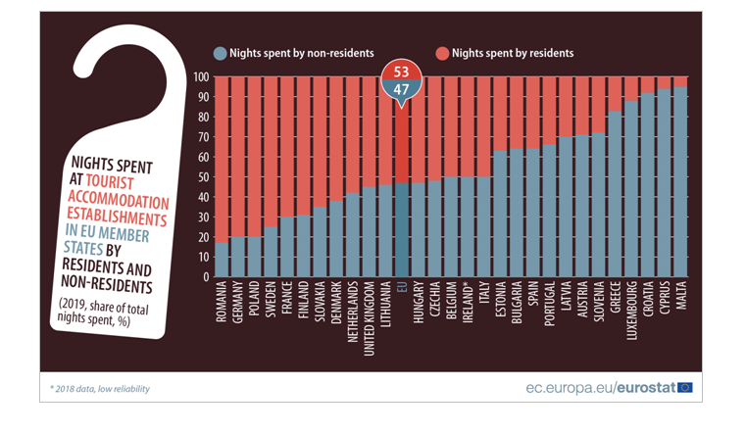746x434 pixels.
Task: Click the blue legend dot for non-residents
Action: tap(221, 54)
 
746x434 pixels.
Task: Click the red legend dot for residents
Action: tap(442, 54)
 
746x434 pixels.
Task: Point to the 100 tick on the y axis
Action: tap(201, 76)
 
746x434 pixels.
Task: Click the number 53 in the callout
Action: tap(401, 72)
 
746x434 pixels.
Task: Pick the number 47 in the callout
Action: tap(401, 89)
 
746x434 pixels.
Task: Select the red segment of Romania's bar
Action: tap(223, 157)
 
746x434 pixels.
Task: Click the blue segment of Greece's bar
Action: tap(615, 196)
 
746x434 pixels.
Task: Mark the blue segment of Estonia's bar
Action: tap(500, 216)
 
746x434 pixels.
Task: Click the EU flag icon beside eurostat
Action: tap(684, 387)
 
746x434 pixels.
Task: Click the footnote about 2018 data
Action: tap(101, 389)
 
